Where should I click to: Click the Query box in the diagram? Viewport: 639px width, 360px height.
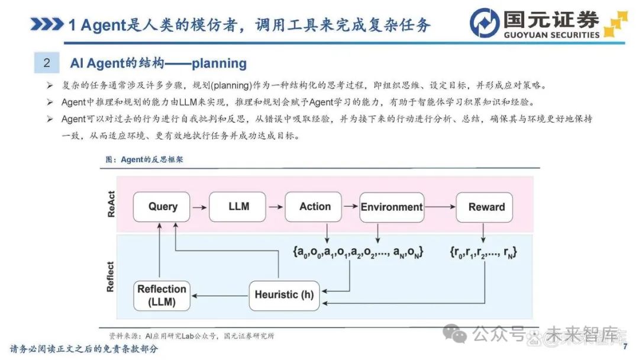pyautogui.click(x=162, y=207)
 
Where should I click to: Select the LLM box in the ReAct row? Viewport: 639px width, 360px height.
pyautogui.click(x=238, y=207)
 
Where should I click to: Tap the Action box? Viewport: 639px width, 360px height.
pyautogui.click(x=314, y=207)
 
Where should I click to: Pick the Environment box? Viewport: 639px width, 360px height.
pyautogui.click(x=392, y=207)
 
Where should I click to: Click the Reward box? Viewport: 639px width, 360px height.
pyautogui.click(x=485, y=207)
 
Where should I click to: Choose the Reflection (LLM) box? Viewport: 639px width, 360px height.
pyautogui.click(x=162, y=295)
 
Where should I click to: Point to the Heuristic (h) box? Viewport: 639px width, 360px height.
pyautogui.click(x=284, y=295)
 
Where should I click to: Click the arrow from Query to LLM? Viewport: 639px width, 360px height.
pyautogui.click(x=200, y=207)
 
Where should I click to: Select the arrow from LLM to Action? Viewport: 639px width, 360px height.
pyautogui.click(x=276, y=207)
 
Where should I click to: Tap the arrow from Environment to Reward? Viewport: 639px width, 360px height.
pyautogui.click(x=440, y=207)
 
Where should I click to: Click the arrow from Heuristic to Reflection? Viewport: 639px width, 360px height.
pyautogui.click(x=220, y=295)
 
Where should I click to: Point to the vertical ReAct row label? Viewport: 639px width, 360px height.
pyautogui.click(x=111, y=204)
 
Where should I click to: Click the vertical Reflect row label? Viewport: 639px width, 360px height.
pyautogui.click(x=110, y=277)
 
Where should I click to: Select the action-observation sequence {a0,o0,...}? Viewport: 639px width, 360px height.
pyautogui.click(x=358, y=252)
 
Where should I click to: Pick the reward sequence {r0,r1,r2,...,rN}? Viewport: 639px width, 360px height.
pyautogui.click(x=483, y=252)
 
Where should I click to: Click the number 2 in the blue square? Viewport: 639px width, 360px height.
pyautogui.click(x=47, y=63)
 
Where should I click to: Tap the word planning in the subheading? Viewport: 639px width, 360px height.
pyautogui.click(x=220, y=63)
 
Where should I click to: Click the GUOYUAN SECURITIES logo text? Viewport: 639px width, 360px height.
pyautogui.click(x=551, y=35)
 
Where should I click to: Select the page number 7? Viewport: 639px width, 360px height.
pyautogui.click(x=625, y=347)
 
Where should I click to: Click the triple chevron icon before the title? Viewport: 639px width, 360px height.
pyautogui.click(x=47, y=24)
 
